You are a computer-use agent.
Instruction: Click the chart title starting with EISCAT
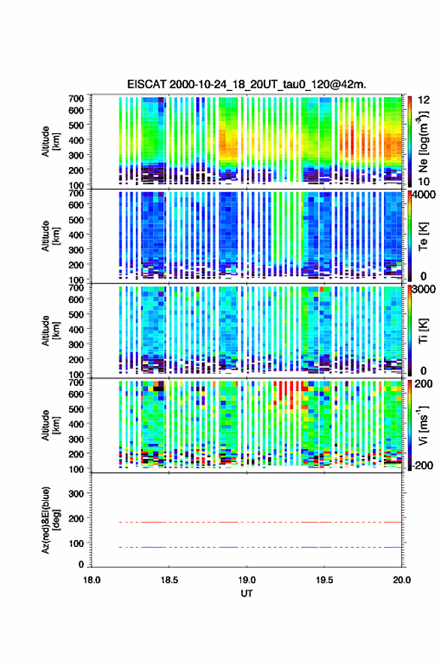246,84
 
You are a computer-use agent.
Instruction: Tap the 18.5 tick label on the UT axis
169,580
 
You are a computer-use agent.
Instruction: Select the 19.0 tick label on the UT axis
246,580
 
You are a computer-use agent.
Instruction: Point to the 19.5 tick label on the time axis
325,580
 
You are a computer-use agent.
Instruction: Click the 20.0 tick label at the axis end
401,580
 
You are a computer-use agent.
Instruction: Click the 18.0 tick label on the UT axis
92,580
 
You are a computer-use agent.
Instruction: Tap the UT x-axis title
246,594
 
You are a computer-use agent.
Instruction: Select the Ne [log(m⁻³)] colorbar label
423,141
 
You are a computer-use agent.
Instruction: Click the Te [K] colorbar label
423,236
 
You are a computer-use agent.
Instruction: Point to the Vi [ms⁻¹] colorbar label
423,425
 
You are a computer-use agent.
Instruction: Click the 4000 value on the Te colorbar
424,195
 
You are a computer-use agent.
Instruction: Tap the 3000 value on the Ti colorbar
424,290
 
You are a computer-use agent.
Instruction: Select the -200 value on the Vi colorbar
422,465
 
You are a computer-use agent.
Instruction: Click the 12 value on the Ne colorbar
424,100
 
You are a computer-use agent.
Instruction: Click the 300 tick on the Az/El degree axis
76,493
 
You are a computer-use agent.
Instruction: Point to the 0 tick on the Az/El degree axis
81,564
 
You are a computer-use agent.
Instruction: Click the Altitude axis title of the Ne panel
50,141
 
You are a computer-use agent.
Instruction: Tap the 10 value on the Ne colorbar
424,181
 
